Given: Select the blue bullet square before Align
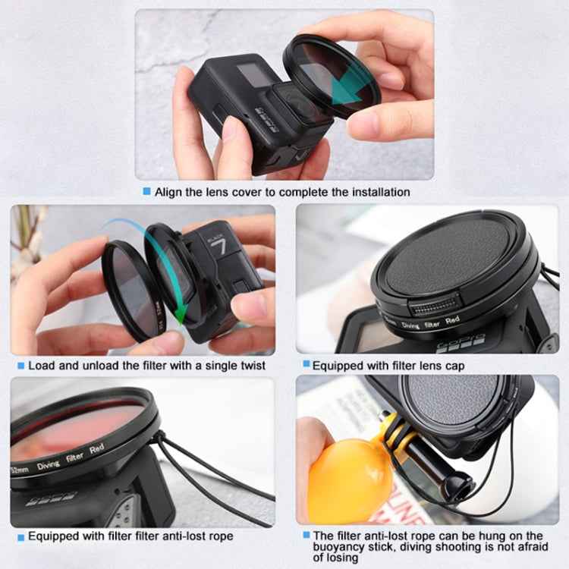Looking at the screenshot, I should tap(146, 192).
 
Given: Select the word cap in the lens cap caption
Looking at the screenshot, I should tap(454, 366).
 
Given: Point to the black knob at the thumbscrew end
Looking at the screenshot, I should tap(457, 483).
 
